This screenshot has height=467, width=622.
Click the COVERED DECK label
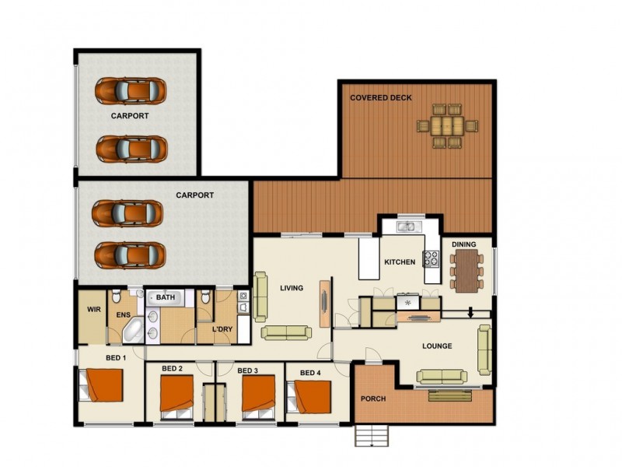coord(380,97)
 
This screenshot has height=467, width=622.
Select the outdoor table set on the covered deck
coord(447,125)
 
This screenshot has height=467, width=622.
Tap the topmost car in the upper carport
coord(131,90)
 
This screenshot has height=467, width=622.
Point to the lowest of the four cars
coord(129,255)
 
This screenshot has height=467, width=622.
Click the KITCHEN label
coord(400,263)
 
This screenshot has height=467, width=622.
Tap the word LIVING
coord(292,289)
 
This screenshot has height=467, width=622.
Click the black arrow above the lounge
coord(470,314)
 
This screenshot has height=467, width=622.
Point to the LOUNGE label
coord(438,346)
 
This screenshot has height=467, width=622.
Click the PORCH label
coord(373,399)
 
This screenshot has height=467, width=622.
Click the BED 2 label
coord(172,369)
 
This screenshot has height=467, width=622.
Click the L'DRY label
coord(223,329)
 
